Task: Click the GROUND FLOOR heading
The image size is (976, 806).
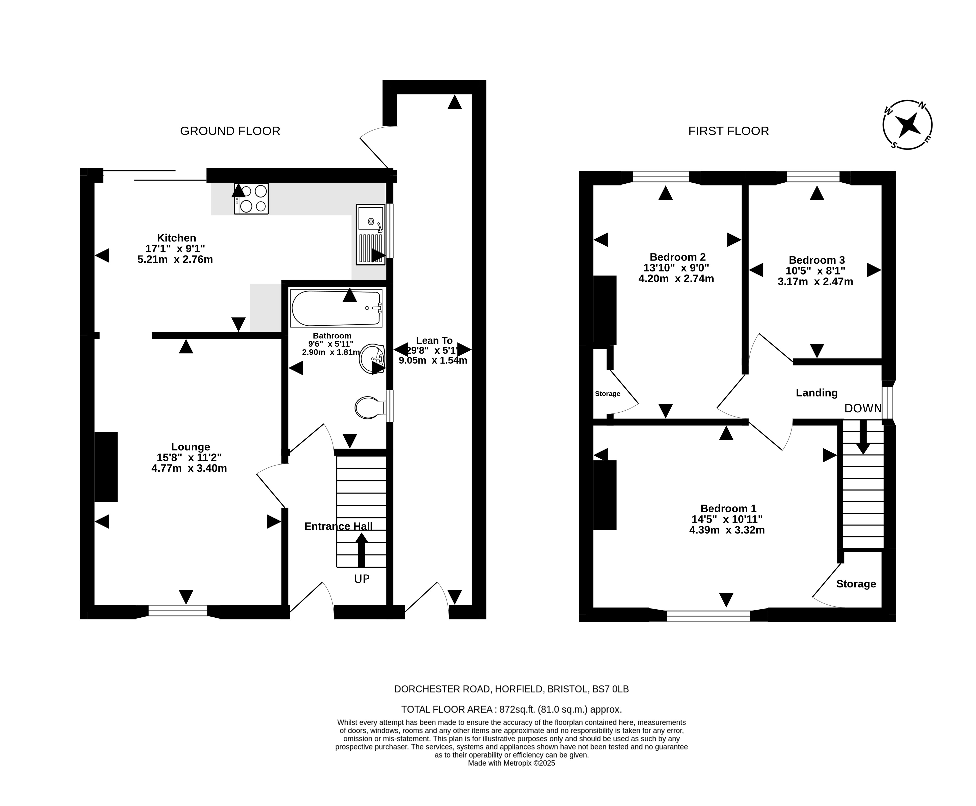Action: (x=230, y=131)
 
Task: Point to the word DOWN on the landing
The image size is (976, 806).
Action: (x=863, y=408)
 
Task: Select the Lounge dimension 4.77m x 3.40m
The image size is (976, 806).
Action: (x=189, y=468)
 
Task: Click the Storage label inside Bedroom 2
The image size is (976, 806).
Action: (x=607, y=394)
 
